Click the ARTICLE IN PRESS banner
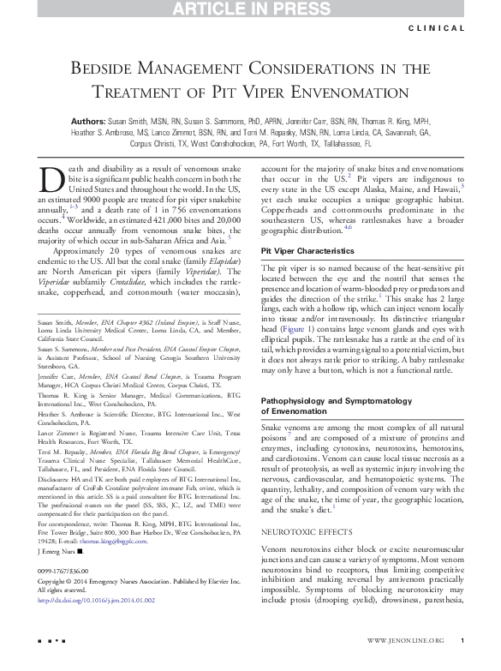[x=251, y=9]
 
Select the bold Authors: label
[x=89, y=123]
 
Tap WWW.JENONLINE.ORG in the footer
[x=406, y=664]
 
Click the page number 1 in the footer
[x=462, y=664]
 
